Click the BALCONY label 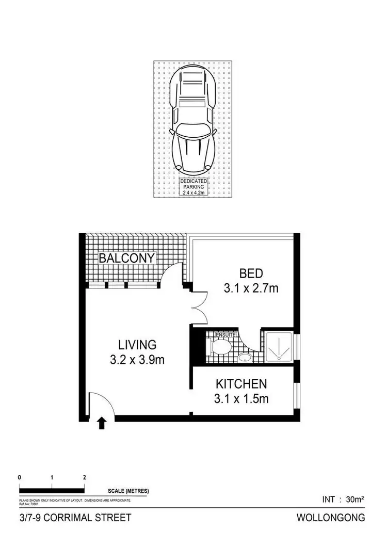[127, 258]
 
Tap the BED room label [251, 273]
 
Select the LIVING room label [137, 344]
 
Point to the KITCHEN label [241, 384]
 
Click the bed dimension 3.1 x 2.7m [251, 288]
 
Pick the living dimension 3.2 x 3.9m [137, 360]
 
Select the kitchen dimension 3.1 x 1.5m [241, 398]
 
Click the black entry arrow [102, 424]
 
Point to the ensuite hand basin [246, 357]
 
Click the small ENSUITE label [226, 335]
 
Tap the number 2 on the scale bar [85, 477]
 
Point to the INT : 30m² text [343, 499]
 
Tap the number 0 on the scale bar [19, 477]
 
